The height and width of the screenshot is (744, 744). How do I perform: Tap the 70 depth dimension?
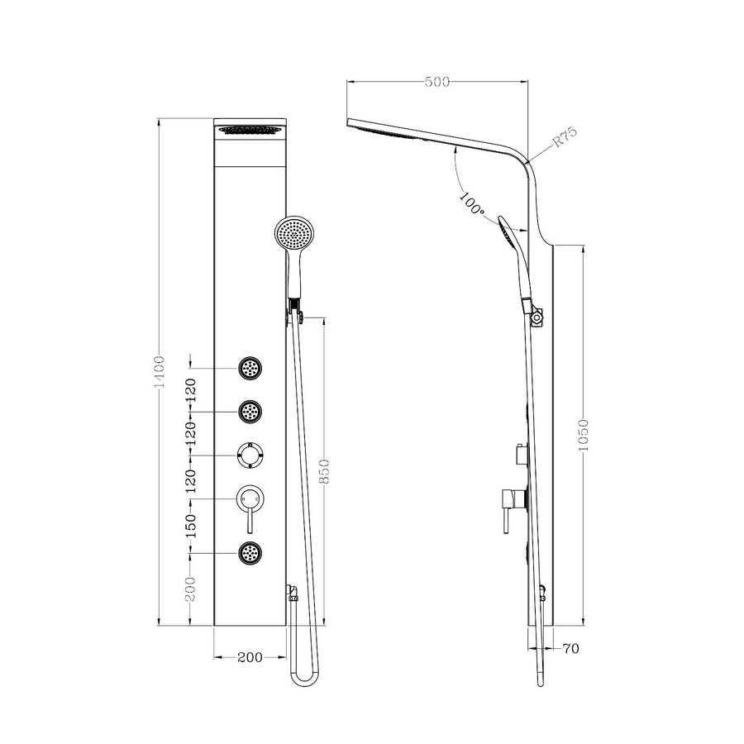tap(570, 649)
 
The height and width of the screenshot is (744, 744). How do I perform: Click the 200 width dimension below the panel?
tap(249, 657)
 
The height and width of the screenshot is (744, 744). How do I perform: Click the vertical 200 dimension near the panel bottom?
tap(191, 589)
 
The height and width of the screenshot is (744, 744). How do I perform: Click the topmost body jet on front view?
tap(250, 368)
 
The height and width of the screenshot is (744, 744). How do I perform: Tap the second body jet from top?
tap(250, 411)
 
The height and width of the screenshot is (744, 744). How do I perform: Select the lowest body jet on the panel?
tap(250, 552)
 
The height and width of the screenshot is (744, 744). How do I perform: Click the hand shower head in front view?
tap(293, 232)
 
